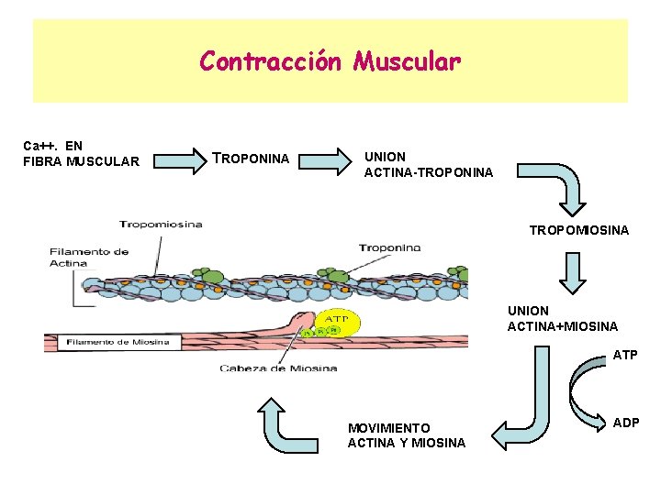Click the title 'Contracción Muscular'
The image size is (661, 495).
pos(330,61)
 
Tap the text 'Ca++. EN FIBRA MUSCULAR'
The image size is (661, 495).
pos(80,153)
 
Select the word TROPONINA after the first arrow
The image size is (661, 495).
pos(251,159)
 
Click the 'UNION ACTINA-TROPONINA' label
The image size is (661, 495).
pos(429,164)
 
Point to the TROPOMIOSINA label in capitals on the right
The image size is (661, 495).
pos(579,230)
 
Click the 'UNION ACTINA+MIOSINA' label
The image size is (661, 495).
pos(563,318)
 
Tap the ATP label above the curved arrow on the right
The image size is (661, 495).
pos(624,355)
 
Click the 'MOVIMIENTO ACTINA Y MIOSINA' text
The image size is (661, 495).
pos(407,435)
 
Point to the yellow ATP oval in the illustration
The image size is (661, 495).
pos(339,321)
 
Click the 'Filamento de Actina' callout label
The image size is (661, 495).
pos(89,257)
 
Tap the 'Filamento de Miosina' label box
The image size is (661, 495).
pos(117,343)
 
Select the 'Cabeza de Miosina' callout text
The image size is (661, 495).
pos(278,368)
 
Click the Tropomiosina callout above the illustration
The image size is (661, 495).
pos(161,224)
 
